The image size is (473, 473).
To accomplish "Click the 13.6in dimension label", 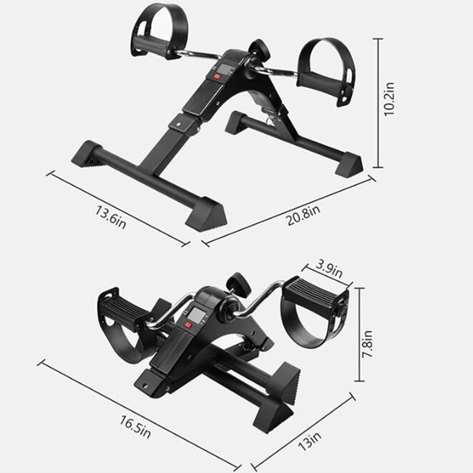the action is click(111, 217).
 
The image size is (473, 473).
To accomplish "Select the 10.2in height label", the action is click(389, 99).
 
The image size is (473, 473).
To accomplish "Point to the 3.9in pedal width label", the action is click(329, 269).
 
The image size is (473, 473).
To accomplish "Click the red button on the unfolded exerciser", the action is click(217, 77).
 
